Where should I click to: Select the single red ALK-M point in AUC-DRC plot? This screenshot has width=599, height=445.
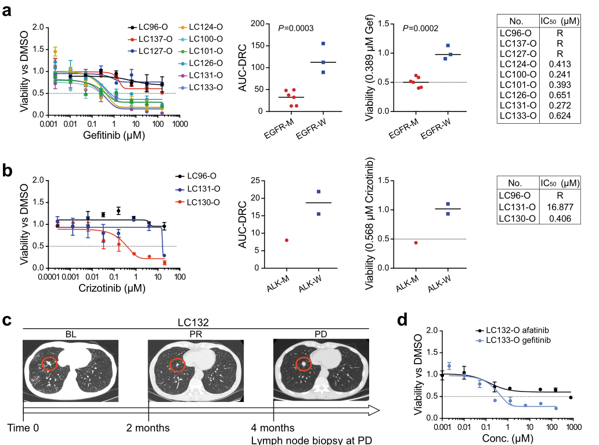pyautogui.click(x=287, y=240)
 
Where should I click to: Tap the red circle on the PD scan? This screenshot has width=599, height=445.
pyautogui.click(x=304, y=364)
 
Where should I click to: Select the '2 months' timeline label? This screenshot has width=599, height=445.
pyautogui.click(x=149, y=428)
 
